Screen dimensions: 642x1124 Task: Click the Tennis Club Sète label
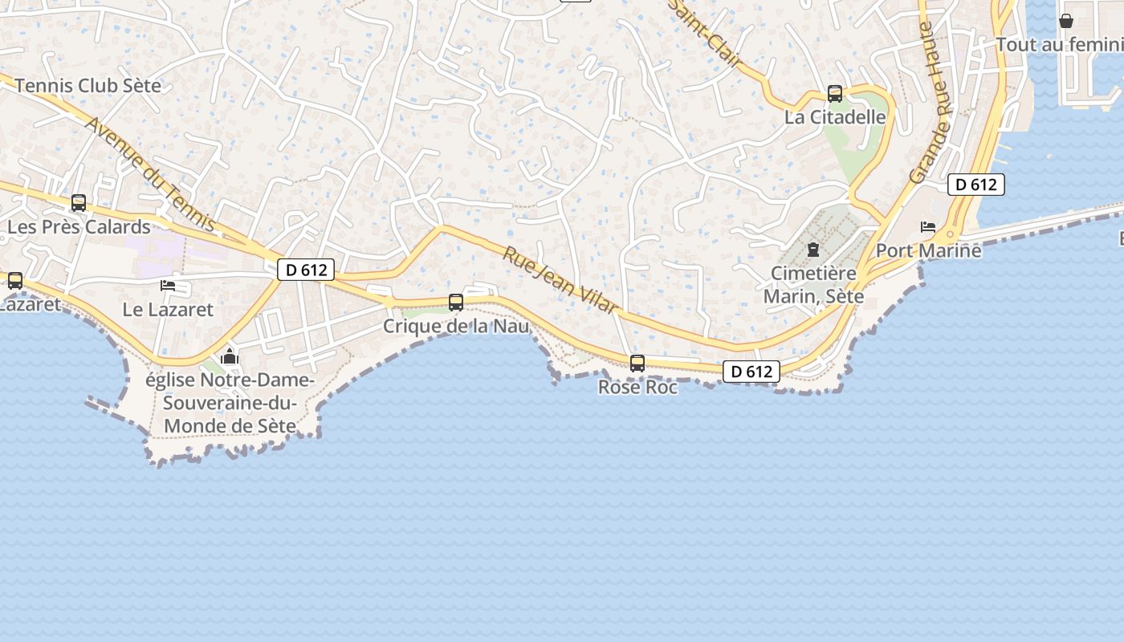coord(88,85)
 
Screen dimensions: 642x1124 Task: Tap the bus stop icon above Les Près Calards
coord(79,203)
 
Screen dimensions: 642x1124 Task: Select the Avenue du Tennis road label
coord(149,174)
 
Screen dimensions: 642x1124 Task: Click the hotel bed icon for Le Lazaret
coord(168,285)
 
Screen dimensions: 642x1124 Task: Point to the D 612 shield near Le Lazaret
coord(306,270)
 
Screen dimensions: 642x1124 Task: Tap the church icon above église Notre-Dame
coord(230,356)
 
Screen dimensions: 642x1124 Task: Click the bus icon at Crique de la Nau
coord(456,303)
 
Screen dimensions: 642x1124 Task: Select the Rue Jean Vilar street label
coord(560,280)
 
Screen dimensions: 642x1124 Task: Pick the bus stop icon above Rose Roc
coord(637,364)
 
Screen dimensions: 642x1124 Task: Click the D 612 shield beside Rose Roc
coord(751,372)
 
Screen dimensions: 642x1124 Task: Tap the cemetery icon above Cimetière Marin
coord(813,250)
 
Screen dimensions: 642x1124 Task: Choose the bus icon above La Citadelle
coord(835,94)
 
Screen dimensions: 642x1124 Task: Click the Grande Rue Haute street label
coord(931,102)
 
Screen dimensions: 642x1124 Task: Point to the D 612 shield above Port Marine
coord(976,185)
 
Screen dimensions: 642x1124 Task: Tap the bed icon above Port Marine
coord(928,227)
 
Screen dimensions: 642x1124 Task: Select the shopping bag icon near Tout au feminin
coord(1066,21)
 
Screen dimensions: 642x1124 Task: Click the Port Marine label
coord(928,250)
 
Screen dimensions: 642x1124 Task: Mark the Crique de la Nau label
coord(456,327)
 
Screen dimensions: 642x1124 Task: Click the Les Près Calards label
coord(79,227)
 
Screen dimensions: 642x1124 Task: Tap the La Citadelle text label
coord(835,117)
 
